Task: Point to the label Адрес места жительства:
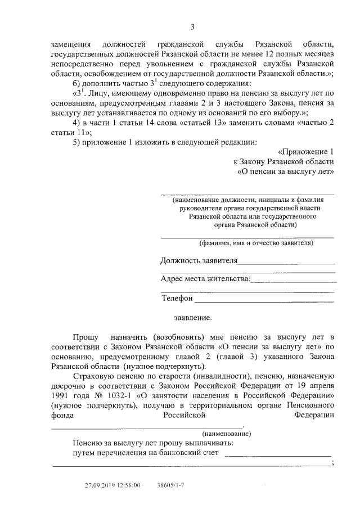205,279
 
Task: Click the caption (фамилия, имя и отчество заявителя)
255,243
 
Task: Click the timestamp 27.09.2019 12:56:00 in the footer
112,485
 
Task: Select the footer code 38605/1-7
172,485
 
